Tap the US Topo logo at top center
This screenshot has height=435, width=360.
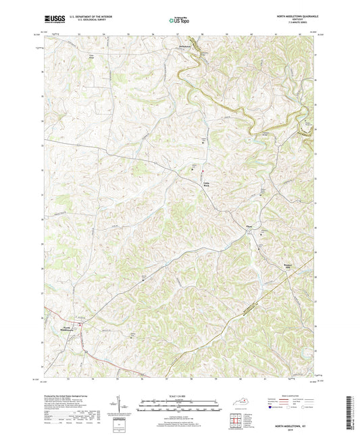tap(179, 21)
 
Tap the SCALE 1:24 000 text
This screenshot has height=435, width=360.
tap(179, 394)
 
